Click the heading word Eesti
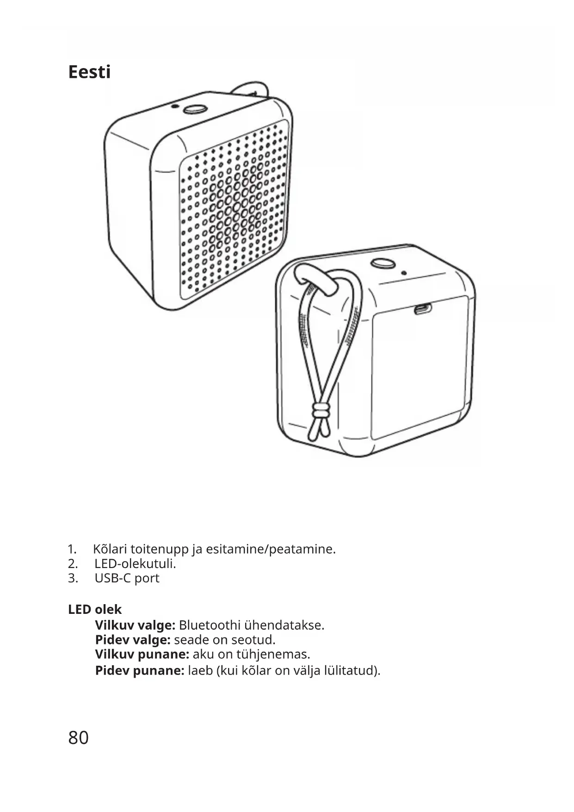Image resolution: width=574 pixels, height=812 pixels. click(x=89, y=72)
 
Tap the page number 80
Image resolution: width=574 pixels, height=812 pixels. click(x=78, y=738)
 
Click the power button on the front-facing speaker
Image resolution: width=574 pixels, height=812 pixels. click(x=195, y=109)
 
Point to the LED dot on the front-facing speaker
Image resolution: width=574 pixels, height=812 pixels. click(x=174, y=106)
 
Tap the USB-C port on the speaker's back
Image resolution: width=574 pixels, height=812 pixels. click(x=422, y=309)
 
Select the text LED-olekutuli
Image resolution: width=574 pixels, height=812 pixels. click(x=135, y=564)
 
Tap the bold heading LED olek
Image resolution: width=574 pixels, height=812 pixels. click(x=95, y=610)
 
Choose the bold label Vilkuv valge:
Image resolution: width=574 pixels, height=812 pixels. click(x=135, y=625)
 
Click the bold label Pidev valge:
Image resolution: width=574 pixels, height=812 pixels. click(x=133, y=640)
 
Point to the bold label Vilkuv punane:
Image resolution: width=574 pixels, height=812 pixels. click(x=142, y=655)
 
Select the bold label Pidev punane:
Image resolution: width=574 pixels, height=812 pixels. click(x=140, y=670)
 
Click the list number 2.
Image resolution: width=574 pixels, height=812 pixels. click(x=72, y=564)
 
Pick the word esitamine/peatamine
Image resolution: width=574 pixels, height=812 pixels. click(x=270, y=550)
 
